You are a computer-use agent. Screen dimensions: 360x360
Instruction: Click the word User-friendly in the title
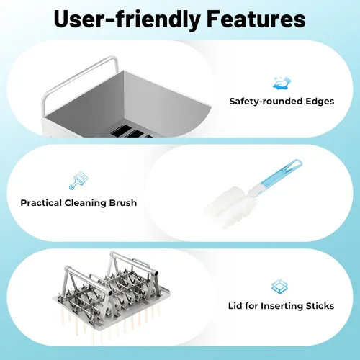click(127, 19)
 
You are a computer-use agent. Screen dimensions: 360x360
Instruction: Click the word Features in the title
click(256, 19)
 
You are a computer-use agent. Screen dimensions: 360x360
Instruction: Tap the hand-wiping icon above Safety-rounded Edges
click(282, 84)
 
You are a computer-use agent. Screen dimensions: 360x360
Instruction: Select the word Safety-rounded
click(266, 102)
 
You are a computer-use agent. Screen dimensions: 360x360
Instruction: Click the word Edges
click(320, 102)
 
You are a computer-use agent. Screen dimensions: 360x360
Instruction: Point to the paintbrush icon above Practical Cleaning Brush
click(78, 180)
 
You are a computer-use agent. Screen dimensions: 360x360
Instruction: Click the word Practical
click(41, 203)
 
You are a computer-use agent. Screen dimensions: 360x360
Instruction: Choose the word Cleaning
click(86, 203)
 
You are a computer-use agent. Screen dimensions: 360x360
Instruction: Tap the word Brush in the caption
click(123, 203)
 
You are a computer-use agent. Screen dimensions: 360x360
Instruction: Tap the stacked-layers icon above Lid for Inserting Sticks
click(279, 287)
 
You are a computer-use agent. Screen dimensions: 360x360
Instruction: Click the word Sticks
click(320, 306)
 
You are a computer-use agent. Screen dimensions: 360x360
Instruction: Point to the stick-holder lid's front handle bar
click(88, 279)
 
